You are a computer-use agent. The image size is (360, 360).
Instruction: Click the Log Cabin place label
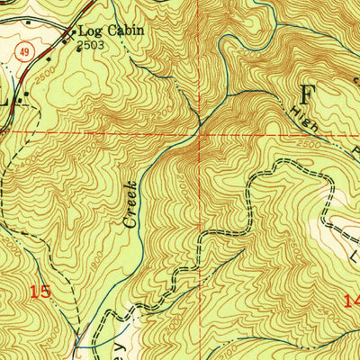[x=112, y=30]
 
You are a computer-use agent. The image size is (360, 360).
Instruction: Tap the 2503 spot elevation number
[x=90, y=43]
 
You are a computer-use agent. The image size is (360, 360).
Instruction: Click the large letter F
[x=309, y=94]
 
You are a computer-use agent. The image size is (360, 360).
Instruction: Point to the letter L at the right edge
[x=352, y=261]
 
